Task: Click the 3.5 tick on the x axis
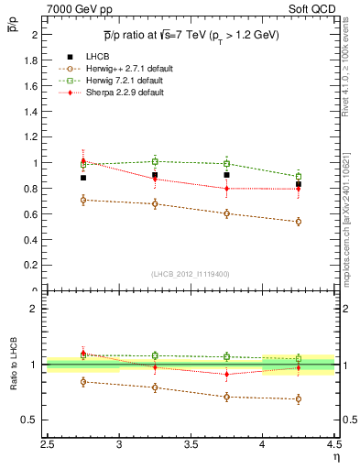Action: [191, 444]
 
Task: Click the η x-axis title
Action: [336, 456]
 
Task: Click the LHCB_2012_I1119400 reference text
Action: [191, 274]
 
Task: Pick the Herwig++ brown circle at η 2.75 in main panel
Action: [83, 200]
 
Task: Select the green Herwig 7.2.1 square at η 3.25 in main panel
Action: [155, 161]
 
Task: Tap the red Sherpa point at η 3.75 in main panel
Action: [226, 189]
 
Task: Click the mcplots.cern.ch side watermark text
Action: [352, 211]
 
